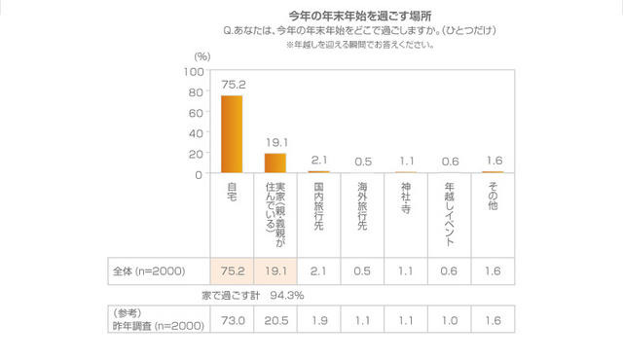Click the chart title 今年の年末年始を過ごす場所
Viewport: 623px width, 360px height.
[x=361, y=17]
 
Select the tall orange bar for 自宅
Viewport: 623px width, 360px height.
[x=232, y=134]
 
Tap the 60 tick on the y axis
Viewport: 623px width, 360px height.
[x=195, y=113]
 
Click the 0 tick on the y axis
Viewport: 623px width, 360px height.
[x=198, y=174]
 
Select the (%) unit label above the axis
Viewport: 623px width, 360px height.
[x=202, y=57]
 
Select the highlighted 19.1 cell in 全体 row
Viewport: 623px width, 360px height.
[x=275, y=271]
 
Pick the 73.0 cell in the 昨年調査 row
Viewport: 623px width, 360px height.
[x=233, y=319]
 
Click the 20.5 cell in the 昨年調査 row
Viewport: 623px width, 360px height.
[x=275, y=319]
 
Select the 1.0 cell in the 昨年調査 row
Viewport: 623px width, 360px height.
[x=449, y=319]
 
